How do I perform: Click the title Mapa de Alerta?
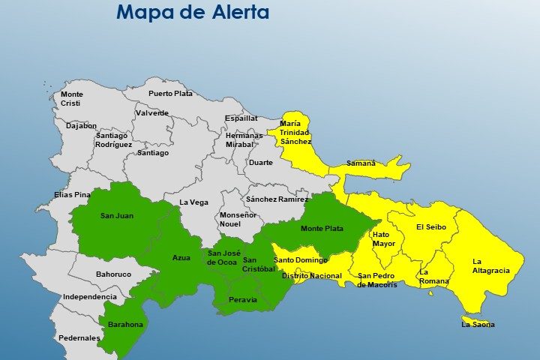193,13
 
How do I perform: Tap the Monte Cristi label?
71,98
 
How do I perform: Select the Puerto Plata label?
170,94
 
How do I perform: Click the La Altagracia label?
490,265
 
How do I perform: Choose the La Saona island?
477,324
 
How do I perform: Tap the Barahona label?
125,325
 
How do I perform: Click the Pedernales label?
79,338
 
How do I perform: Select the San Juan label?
117,216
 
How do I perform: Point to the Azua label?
181,257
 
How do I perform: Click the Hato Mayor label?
383,238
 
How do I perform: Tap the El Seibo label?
431,226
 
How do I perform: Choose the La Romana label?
433,277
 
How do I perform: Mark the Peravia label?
242,299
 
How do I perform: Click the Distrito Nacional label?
311,276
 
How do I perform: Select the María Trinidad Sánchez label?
295,132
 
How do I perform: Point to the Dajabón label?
81,126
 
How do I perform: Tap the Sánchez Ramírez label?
277,199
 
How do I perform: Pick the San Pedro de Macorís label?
376,280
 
